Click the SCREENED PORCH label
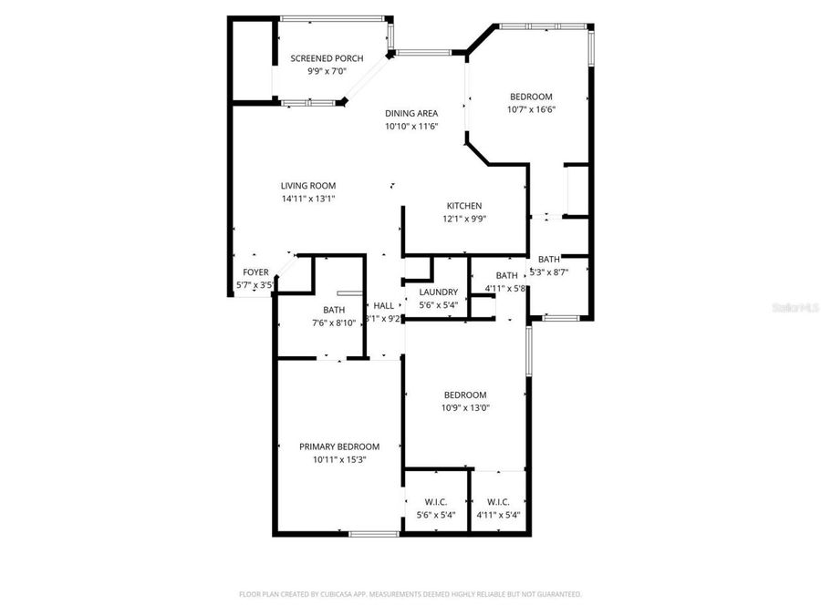327,58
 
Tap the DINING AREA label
411,113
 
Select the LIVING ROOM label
308,186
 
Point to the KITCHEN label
463,206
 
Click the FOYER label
255,272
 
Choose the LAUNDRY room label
438,292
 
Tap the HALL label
383,306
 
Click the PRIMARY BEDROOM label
339,446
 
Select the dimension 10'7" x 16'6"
531,109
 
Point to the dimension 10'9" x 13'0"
465,407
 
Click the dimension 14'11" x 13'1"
308,199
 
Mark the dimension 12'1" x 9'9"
463,219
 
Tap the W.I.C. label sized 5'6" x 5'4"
435,502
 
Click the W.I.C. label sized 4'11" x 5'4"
498,502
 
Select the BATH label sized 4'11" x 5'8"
506,276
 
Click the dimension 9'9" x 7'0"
327,71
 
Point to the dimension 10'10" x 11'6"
411,126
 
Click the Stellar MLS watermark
795,309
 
